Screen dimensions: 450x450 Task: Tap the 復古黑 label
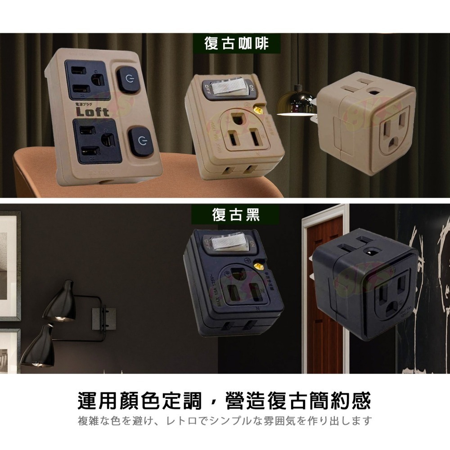(236, 215)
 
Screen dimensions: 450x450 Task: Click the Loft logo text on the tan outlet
(92, 111)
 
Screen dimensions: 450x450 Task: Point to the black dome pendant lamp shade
(295, 103)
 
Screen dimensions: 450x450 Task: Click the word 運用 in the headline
(97, 400)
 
